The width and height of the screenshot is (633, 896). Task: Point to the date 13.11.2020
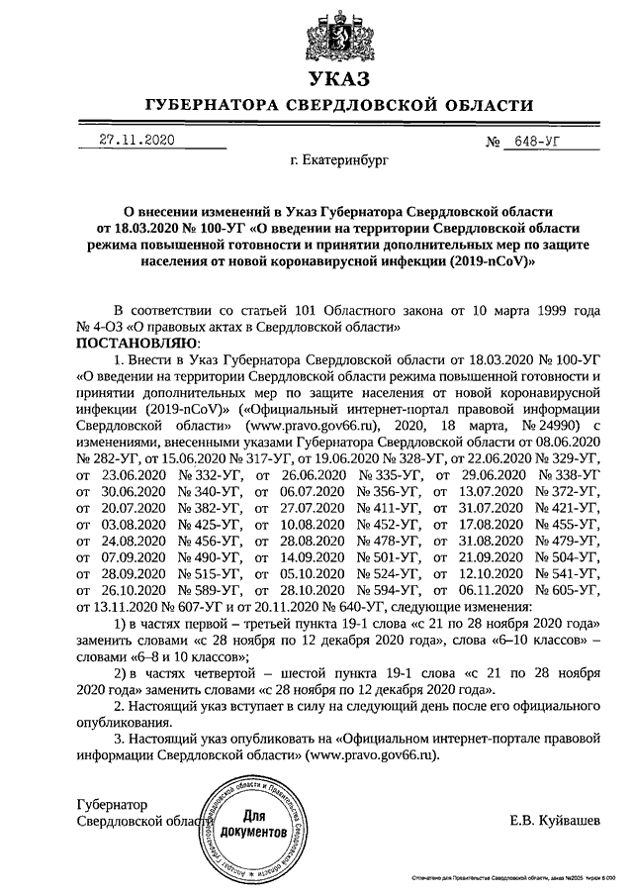point(107,607)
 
